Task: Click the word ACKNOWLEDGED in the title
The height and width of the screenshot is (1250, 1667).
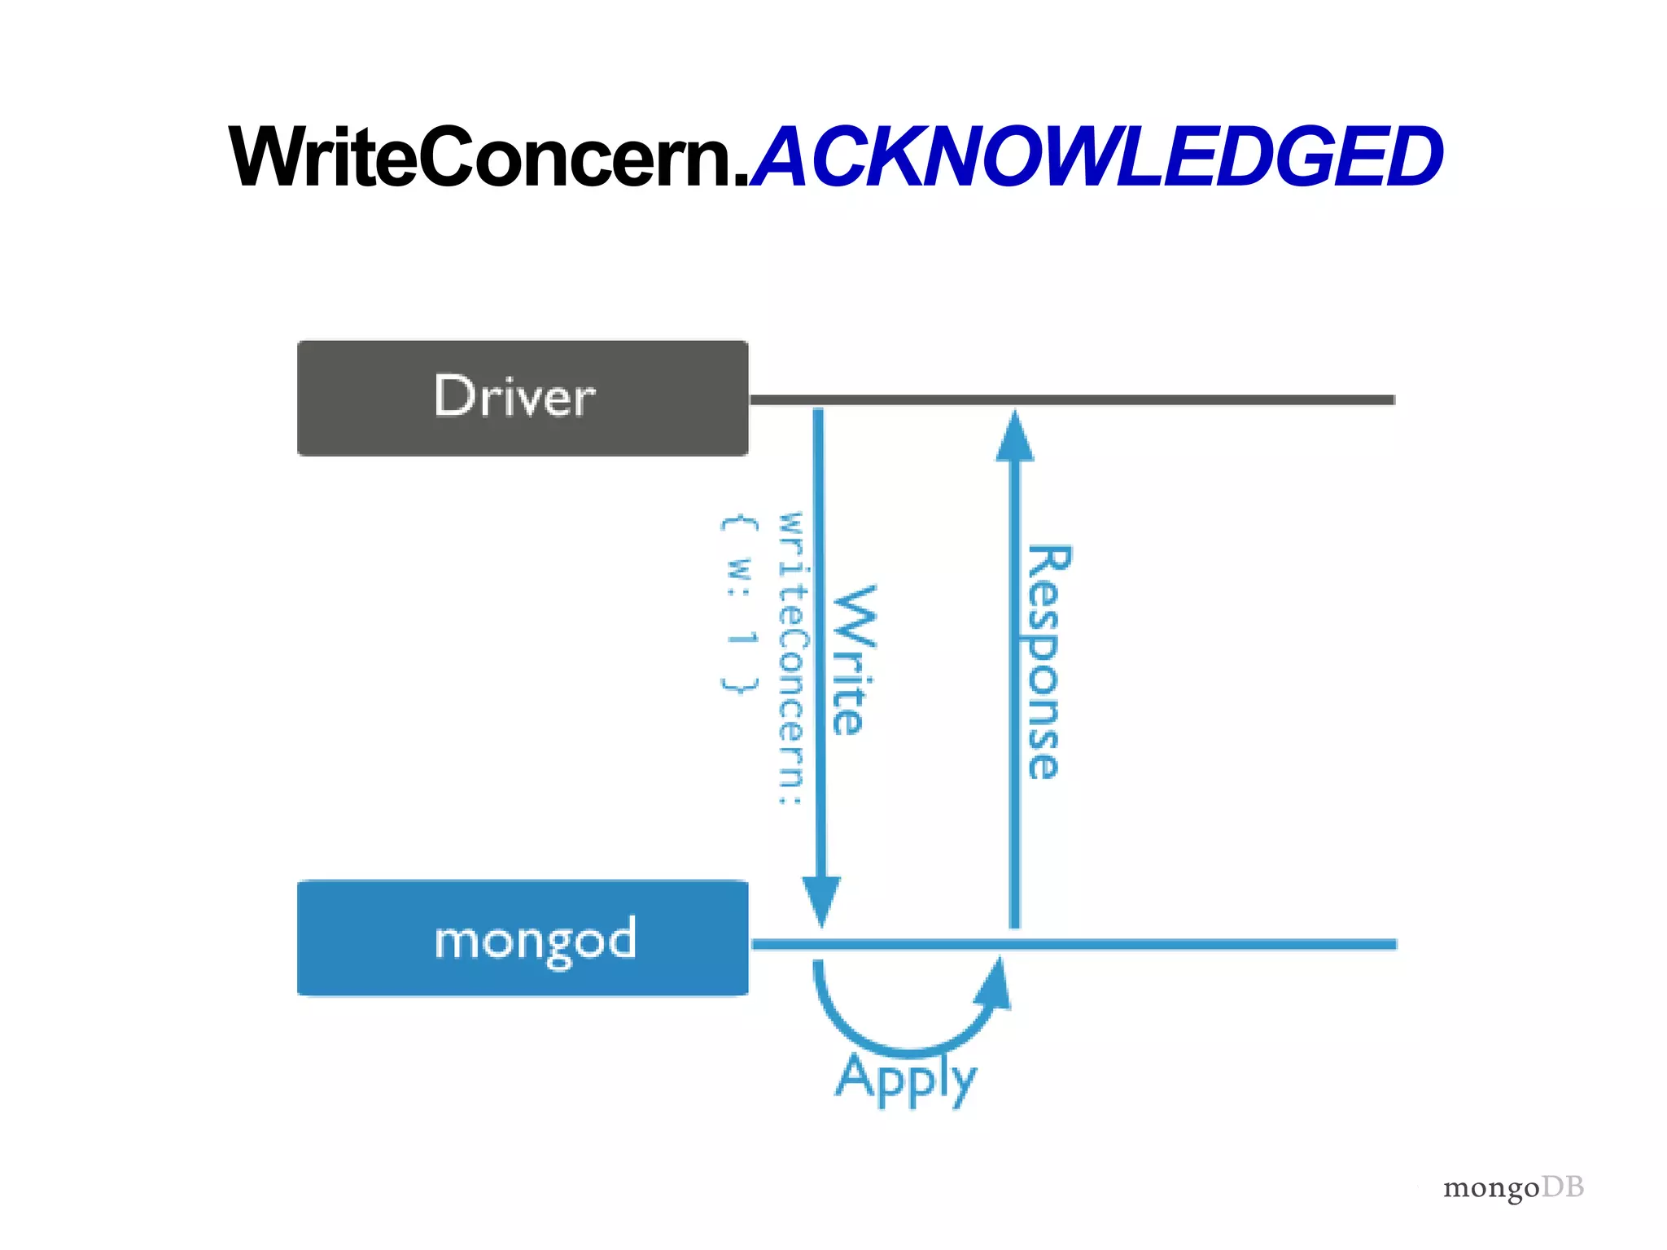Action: click(x=1095, y=157)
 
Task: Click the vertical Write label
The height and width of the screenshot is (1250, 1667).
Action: click(x=853, y=659)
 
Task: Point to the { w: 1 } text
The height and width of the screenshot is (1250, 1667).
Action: click(x=739, y=604)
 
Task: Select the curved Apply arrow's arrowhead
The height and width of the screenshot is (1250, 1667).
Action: click(x=995, y=985)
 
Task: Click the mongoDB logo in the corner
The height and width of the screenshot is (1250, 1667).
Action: click(x=1512, y=1187)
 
